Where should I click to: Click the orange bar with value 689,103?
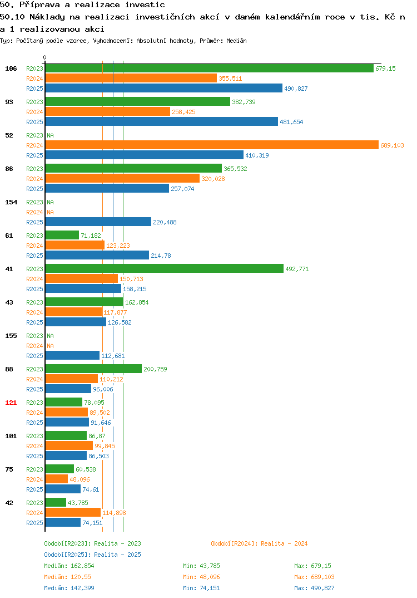[x=212, y=145]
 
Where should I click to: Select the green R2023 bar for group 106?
[x=210, y=68]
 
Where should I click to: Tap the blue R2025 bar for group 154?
[x=98, y=222]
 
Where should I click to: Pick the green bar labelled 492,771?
[x=165, y=269]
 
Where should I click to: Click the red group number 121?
[x=11, y=403]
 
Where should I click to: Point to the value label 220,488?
[x=165, y=222]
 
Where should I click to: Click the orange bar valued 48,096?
[x=56, y=479]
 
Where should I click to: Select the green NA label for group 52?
[x=50, y=135]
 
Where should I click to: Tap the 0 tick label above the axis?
[x=45, y=57]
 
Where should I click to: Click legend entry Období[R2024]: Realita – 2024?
[x=259, y=543]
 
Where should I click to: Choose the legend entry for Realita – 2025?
[x=92, y=555]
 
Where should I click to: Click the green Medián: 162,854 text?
[x=69, y=566]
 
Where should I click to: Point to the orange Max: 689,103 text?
[x=315, y=577]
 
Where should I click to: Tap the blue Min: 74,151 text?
[x=201, y=588]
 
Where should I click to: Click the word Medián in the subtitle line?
[x=236, y=41]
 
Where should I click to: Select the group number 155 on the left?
[x=11, y=336]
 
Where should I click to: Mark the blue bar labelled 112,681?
[x=72, y=355]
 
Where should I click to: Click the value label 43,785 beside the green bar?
[x=78, y=503]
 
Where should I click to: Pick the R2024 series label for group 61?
[x=34, y=246]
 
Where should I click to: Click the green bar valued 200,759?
[x=93, y=369]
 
